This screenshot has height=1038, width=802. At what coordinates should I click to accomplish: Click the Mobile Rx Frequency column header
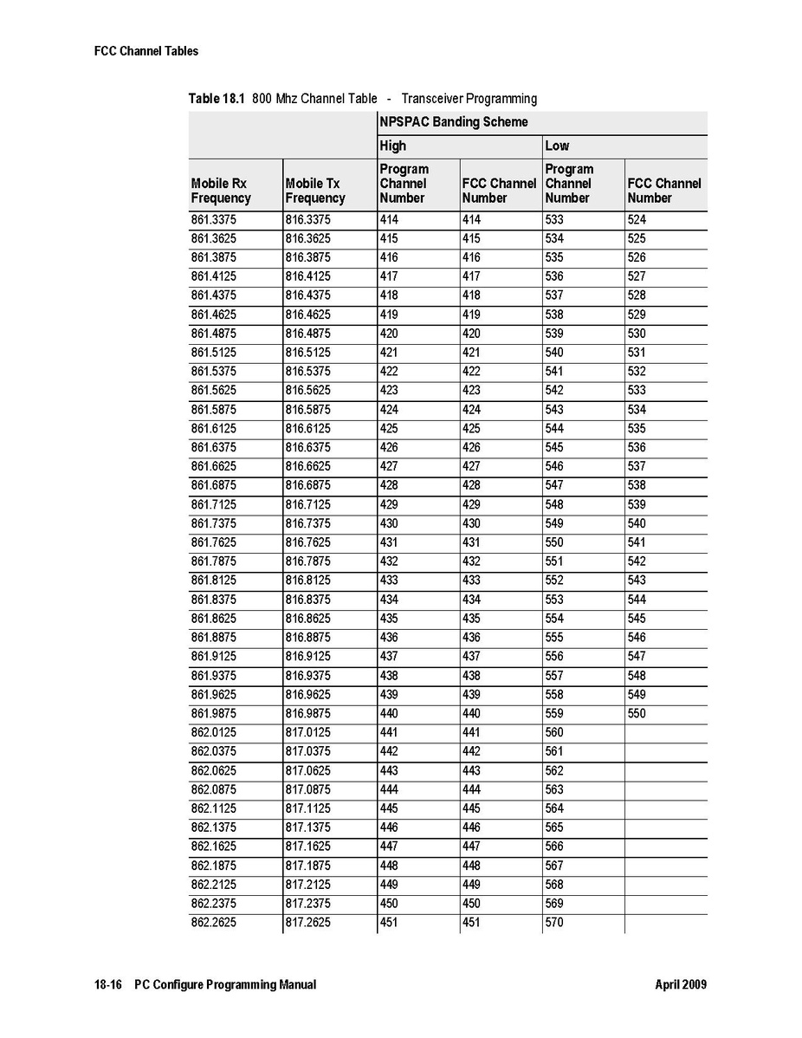click(221, 191)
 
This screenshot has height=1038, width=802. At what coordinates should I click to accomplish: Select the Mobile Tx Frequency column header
click(315, 191)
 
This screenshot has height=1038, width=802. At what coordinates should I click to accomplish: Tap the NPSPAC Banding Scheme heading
click(453, 122)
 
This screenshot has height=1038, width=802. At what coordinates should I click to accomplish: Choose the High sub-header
click(392, 146)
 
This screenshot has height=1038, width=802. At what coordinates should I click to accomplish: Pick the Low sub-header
click(557, 146)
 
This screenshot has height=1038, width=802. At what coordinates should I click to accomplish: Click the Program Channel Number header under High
click(404, 184)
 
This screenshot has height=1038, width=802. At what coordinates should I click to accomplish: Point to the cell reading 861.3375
click(213, 220)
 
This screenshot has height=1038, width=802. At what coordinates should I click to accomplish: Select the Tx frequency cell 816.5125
click(307, 353)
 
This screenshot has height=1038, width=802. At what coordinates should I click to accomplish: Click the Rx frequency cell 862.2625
click(213, 923)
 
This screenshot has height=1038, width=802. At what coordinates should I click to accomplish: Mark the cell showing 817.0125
click(307, 733)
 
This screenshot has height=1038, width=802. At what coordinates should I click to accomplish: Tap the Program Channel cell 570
click(554, 923)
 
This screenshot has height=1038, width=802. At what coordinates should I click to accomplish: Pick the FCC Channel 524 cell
click(637, 220)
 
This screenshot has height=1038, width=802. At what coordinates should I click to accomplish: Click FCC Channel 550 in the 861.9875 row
click(637, 714)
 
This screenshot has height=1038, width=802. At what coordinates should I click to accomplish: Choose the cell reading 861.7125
click(213, 504)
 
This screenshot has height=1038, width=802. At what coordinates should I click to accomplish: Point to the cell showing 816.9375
click(307, 676)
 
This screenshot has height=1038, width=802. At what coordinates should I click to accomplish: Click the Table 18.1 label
click(217, 99)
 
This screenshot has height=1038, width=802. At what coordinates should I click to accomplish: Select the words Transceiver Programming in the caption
click(469, 99)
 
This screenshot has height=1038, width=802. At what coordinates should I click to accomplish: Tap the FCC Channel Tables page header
click(146, 51)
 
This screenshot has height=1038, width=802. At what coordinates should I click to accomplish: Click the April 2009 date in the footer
click(681, 985)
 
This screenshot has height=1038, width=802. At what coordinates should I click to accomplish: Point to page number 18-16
click(108, 985)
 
